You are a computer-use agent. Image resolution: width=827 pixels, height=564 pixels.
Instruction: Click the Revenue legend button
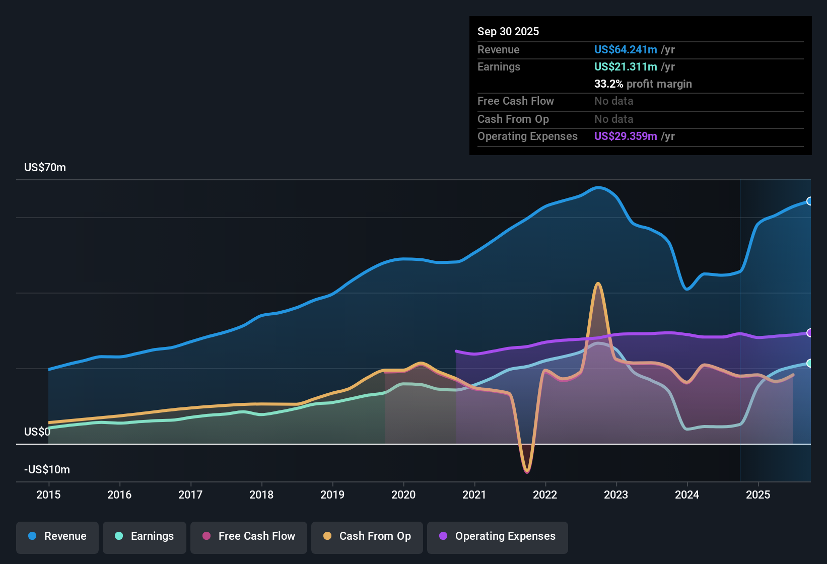(57, 536)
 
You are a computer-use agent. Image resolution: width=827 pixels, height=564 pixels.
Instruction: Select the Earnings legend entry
(145, 536)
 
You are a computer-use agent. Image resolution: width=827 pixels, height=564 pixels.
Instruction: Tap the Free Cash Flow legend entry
(249, 536)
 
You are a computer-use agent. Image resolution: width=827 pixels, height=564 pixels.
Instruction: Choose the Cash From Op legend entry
(367, 536)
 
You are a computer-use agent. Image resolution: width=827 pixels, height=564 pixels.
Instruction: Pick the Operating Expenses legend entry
(498, 536)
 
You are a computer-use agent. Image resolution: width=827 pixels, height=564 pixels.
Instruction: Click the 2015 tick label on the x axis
(48, 495)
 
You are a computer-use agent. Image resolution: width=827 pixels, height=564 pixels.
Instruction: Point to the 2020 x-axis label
(403, 495)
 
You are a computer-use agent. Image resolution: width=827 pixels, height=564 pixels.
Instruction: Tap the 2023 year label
(616, 495)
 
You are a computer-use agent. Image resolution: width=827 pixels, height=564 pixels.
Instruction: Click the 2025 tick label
(758, 495)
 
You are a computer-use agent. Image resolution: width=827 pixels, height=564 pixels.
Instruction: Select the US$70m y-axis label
(45, 168)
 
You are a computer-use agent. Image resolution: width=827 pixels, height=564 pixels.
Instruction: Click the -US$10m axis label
(47, 470)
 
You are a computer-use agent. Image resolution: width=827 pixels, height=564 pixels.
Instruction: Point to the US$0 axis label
(37, 432)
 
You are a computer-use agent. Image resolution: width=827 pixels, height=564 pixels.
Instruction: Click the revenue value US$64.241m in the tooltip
(626, 50)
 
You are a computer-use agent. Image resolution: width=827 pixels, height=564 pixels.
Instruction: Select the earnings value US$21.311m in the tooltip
(626, 67)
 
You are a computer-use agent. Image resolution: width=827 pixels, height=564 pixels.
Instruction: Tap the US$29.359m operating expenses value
(626, 136)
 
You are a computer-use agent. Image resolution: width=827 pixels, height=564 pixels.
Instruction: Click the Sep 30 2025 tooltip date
(508, 32)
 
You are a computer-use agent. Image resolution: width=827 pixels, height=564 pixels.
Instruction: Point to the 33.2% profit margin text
(643, 84)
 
